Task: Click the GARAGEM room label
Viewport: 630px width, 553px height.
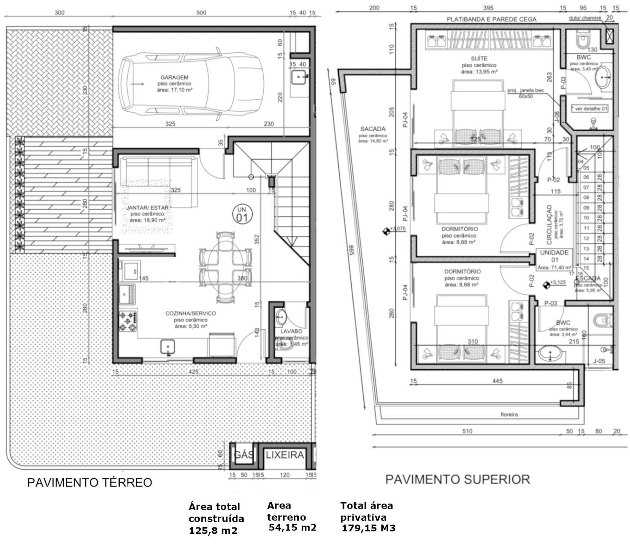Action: click(x=174, y=77)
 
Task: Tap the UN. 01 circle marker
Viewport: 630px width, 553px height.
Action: click(x=242, y=213)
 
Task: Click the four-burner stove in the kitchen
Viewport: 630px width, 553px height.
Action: click(x=128, y=321)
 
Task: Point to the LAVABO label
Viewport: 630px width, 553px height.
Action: click(x=291, y=331)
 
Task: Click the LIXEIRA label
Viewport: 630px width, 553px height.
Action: click(x=285, y=455)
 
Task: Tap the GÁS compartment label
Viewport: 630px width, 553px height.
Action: click(x=244, y=455)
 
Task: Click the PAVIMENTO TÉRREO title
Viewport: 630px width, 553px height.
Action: click(x=89, y=483)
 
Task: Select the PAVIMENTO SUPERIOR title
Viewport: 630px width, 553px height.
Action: click(x=457, y=479)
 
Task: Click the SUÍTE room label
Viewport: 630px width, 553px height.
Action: click(x=479, y=58)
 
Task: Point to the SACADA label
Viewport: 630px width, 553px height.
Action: click(x=372, y=129)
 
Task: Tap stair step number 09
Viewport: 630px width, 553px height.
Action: click(x=586, y=208)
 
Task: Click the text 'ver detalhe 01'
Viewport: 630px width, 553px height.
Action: click(x=591, y=108)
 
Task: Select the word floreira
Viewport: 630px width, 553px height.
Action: click(x=509, y=414)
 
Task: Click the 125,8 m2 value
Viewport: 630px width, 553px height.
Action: click(x=213, y=530)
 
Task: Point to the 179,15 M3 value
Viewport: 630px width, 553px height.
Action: click(x=368, y=528)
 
